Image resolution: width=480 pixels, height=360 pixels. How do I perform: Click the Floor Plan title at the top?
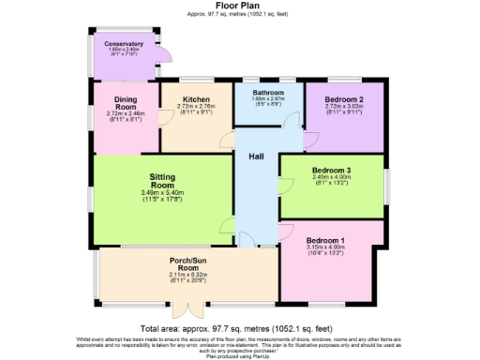click(x=241, y=6)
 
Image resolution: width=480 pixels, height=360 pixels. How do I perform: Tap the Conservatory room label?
click(x=124, y=44)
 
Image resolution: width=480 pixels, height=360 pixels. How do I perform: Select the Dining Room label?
click(x=126, y=103)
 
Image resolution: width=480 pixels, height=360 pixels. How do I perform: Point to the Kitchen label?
click(x=196, y=99)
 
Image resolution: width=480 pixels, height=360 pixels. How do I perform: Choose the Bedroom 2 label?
click(x=344, y=99)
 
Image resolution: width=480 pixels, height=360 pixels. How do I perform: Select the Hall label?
click(x=255, y=156)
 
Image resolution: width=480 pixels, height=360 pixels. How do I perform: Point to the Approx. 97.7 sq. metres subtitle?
click(x=241, y=14)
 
